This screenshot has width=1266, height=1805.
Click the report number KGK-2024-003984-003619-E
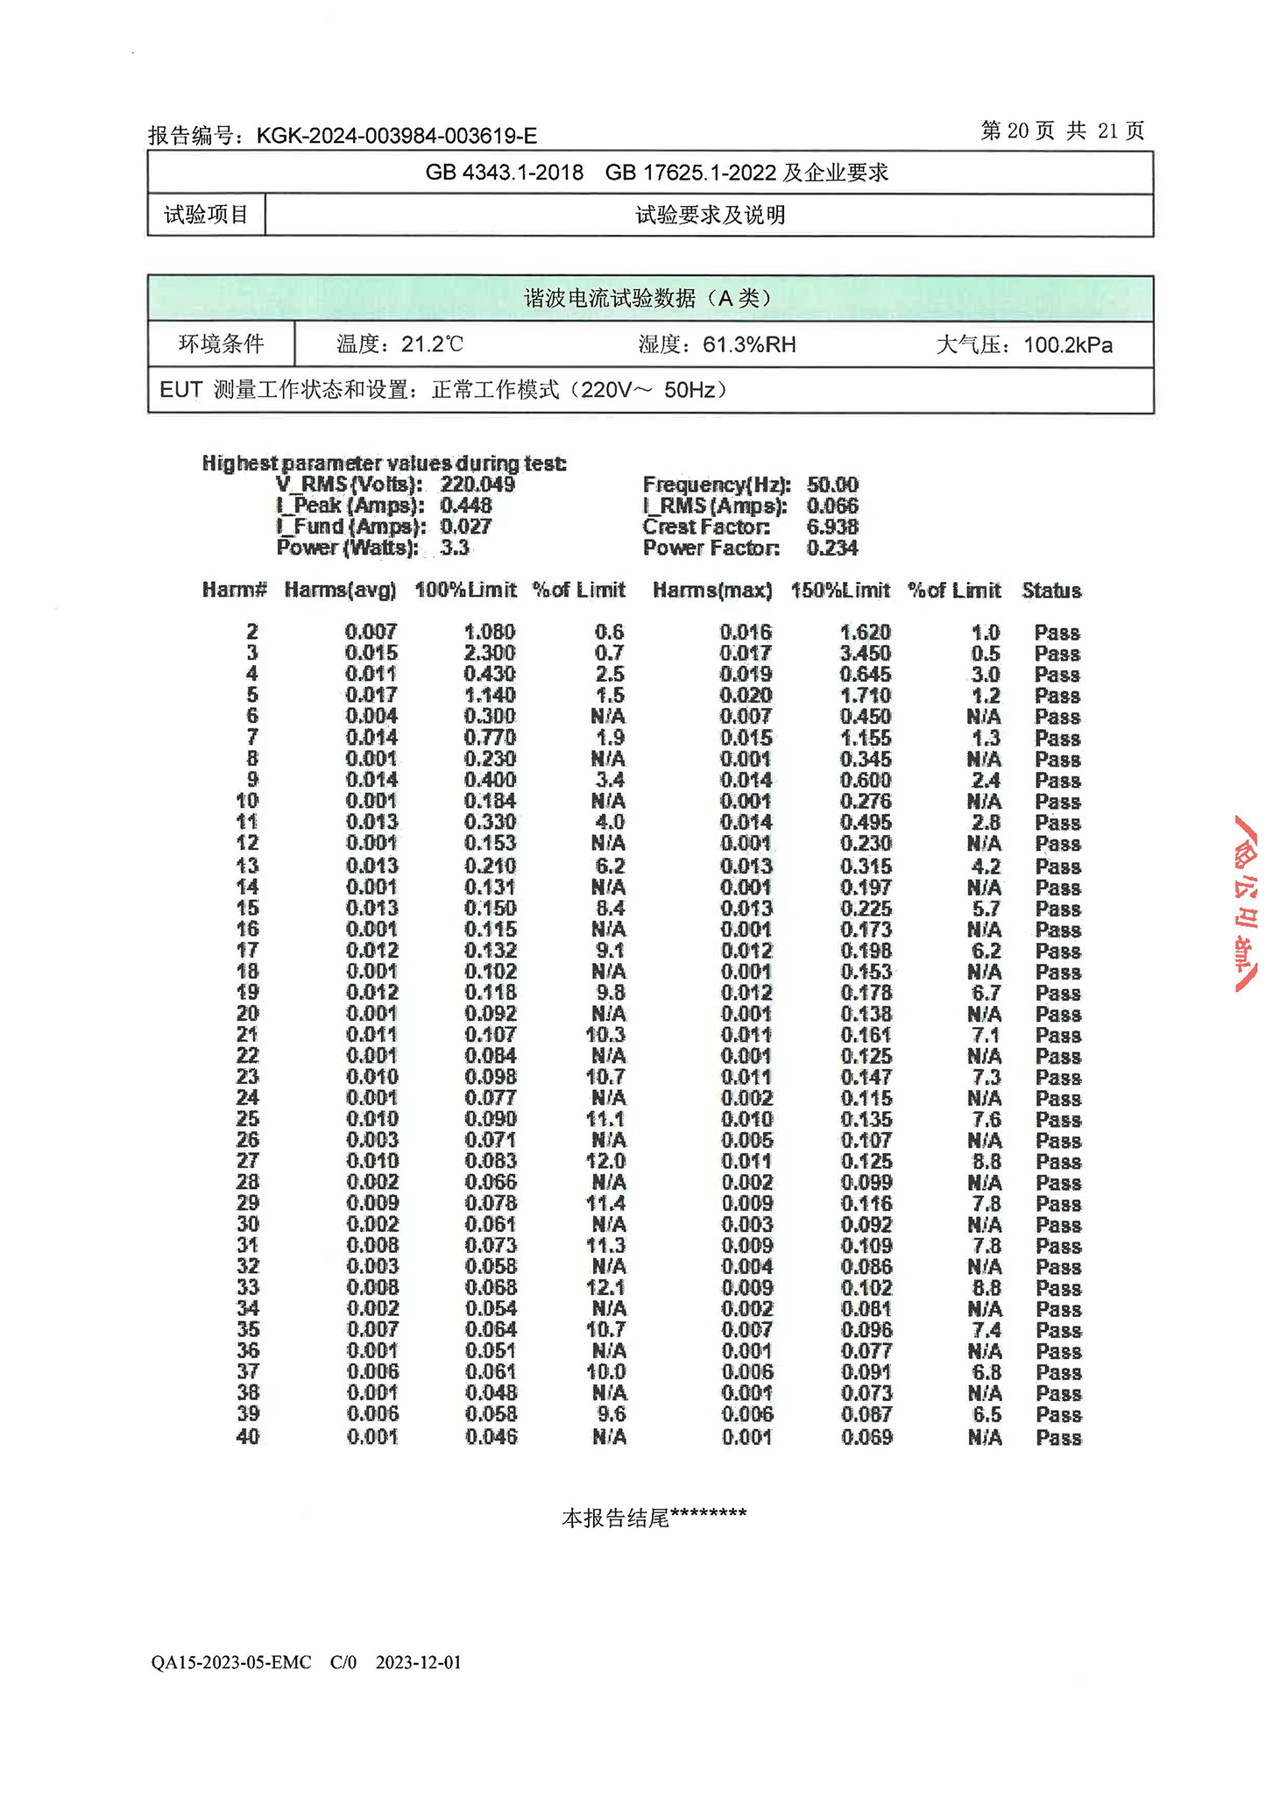[396, 136]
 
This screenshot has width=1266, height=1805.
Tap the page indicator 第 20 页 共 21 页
[1062, 131]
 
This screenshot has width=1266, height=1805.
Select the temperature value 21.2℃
[432, 344]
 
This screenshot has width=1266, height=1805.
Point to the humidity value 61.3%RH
[749, 344]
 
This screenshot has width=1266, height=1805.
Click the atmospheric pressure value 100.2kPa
[1068, 344]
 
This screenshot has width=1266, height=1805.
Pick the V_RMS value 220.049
[477, 485]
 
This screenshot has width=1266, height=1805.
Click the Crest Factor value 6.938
[832, 527]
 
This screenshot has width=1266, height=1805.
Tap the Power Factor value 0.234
[832, 548]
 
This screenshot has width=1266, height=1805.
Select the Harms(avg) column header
[340, 591]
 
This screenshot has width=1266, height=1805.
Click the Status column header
[1051, 591]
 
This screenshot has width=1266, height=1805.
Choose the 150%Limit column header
[840, 591]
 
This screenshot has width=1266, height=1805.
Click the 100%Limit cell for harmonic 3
[490, 653]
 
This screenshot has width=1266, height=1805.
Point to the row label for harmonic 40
[248, 1436]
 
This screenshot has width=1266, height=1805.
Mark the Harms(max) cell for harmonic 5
[746, 696]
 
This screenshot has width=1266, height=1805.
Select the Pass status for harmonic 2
[1057, 633]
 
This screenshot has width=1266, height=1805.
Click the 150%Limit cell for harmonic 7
[866, 738]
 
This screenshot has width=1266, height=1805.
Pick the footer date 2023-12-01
[418, 1662]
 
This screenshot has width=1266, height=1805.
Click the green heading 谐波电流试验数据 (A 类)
[649, 299]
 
